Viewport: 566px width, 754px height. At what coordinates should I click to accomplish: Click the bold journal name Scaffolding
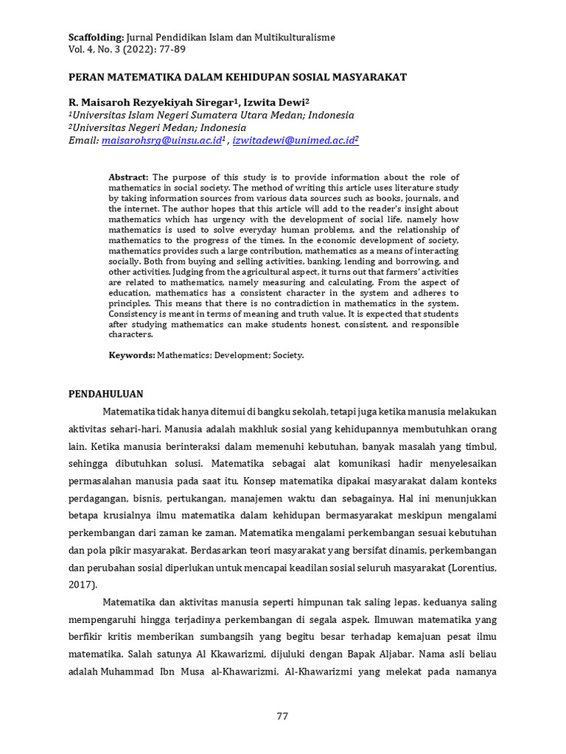click(97, 37)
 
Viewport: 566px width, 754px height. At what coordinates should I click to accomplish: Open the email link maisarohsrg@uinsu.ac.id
click(161, 139)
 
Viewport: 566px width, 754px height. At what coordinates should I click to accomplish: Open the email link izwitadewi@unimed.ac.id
click(293, 139)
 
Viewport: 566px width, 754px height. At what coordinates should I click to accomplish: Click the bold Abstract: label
click(128, 177)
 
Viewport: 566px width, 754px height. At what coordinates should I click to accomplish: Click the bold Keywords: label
click(132, 355)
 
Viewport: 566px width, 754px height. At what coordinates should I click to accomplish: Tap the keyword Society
click(287, 355)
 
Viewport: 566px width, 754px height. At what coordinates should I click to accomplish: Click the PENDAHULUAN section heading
click(105, 394)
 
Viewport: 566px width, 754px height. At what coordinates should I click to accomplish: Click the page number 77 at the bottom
click(282, 716)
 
